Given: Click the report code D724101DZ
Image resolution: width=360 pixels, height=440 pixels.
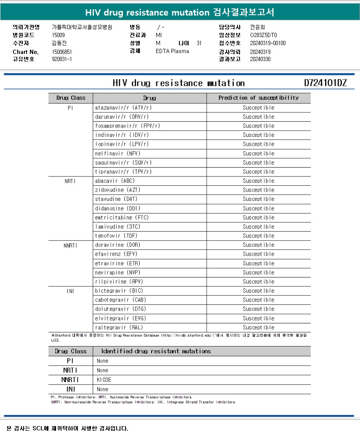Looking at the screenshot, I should click(x=325, y=83).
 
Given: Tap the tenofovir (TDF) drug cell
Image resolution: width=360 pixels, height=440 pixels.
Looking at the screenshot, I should click(x=116, y=236).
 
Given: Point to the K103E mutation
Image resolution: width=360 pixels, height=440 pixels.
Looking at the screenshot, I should click(x=104, y=380).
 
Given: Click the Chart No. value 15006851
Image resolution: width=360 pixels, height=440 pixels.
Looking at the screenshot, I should click(x=62, y=52).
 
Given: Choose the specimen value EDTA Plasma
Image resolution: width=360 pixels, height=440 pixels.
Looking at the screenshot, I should click(x=172, y=51).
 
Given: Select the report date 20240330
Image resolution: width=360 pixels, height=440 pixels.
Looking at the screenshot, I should click(x=260, y=59).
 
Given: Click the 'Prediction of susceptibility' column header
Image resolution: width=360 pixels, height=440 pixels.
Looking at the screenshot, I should click(x=259, y=98).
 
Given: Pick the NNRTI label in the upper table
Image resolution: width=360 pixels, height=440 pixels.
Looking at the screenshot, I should click(x=70, y=245).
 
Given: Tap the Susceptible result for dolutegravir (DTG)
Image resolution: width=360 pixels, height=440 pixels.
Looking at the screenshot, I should click(x=259, y=309).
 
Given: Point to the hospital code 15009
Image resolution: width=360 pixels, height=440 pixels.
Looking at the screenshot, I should click(x=58, y=35).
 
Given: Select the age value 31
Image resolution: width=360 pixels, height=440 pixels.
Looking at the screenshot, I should click(x=199, y=43).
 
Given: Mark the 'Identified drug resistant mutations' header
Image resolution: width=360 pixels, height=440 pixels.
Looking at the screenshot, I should click(x=156, y=351).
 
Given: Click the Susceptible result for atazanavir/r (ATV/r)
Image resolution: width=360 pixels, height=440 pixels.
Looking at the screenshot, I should click(x=259, y=107).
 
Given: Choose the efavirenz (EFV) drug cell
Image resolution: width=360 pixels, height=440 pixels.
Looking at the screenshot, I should click(x=116, y=254).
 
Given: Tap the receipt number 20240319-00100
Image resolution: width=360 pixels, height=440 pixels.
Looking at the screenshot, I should click(x=268, y=43).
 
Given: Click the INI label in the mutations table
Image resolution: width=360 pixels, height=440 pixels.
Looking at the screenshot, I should click(x=70, y=389).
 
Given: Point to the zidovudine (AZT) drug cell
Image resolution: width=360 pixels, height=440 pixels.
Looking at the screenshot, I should click(x=116, y=190).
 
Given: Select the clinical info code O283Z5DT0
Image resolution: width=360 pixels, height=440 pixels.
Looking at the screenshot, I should click(x=264, y=35).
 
